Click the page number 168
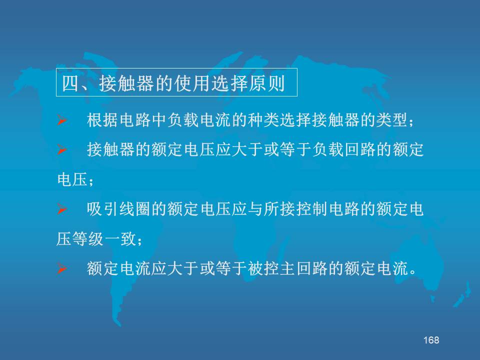(x=431, y=340)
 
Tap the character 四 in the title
(x=70, y=83)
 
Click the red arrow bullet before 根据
(x=62, y=120)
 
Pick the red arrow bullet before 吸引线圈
(x=62, y=209)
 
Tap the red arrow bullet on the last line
(x=62, y=268)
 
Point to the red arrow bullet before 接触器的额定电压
(x=62, y=150)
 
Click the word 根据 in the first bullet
(x=102, y=120)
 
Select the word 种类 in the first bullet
(x=263, y=120)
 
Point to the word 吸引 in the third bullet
(x=102, y=209)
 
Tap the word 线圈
(x=134, y=209)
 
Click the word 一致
(x=120, y=239)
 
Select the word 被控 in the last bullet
(x=263, y=268)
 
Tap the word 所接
(x=279, y=209)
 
